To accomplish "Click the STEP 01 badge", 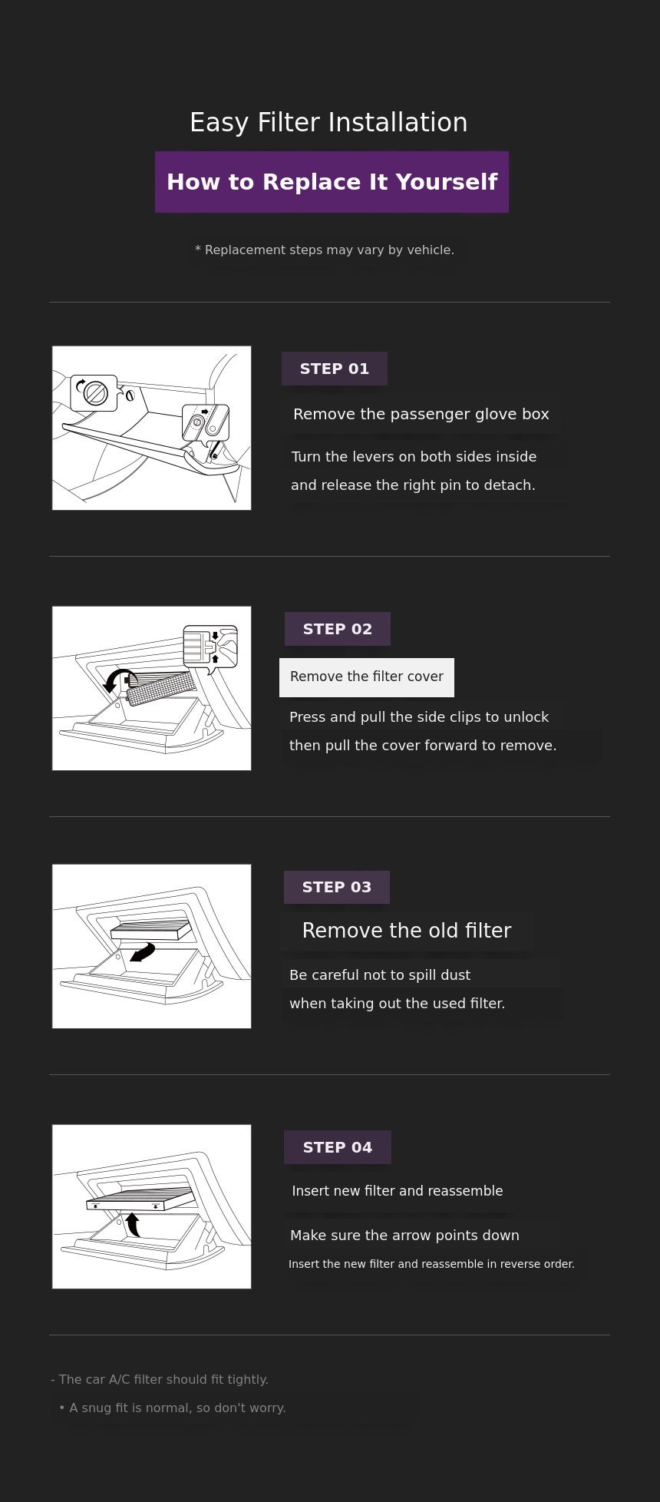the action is tap(335, 369).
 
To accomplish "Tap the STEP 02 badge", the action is tap(338, 629).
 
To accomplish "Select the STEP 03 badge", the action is tap(337, 887).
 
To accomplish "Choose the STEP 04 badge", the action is tap(338, 1147).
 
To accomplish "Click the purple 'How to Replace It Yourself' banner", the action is tap(332, 182).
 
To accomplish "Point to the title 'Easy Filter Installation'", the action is tap(328, 123).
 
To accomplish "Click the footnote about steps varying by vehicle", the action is tap(325, 250).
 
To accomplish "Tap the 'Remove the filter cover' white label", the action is tap(367, 677).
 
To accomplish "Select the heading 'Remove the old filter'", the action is tap(407, 931).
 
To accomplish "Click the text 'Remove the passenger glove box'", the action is tap(421, 415).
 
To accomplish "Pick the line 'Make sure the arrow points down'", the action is tap(404, 1236).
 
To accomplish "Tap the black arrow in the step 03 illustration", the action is tap(143, 952).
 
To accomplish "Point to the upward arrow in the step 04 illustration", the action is tap(134, 1224).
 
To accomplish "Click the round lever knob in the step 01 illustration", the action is tap(96, 393).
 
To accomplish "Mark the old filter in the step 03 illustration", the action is tap(150, 930).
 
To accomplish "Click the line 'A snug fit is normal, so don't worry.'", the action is tap(177, 1408).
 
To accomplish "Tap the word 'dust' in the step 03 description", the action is tap(456, 975).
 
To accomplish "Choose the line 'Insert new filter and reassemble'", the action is tap(398, 1191).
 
